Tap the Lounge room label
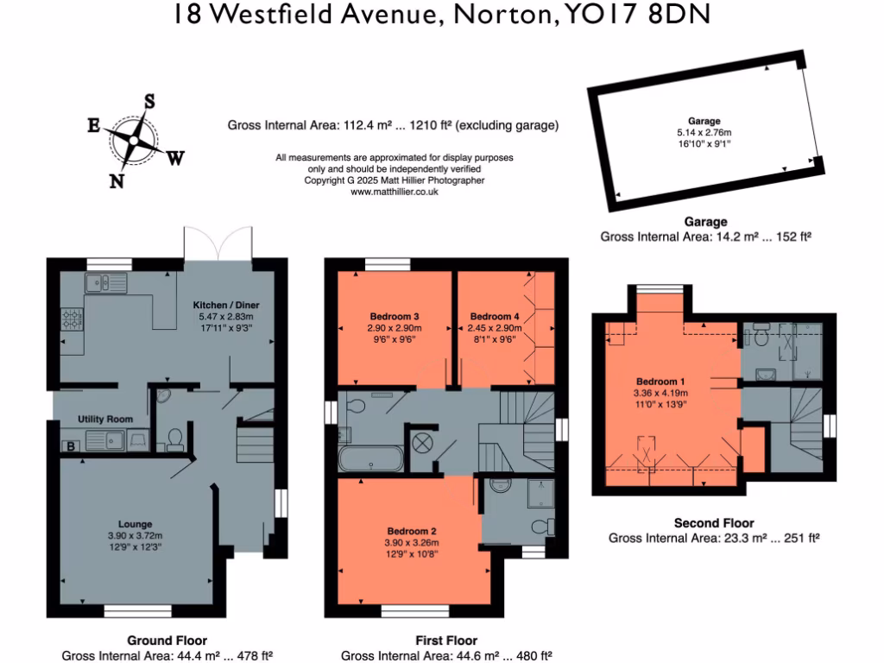(136, 524)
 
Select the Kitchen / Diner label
(226, 306)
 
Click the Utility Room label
(105, 420)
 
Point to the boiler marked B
(69, 446)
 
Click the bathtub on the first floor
(369, 458)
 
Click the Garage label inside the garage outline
(704, 122)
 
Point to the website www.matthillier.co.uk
(395, 192)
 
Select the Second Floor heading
(713, 523)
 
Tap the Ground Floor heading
(167, 641)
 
